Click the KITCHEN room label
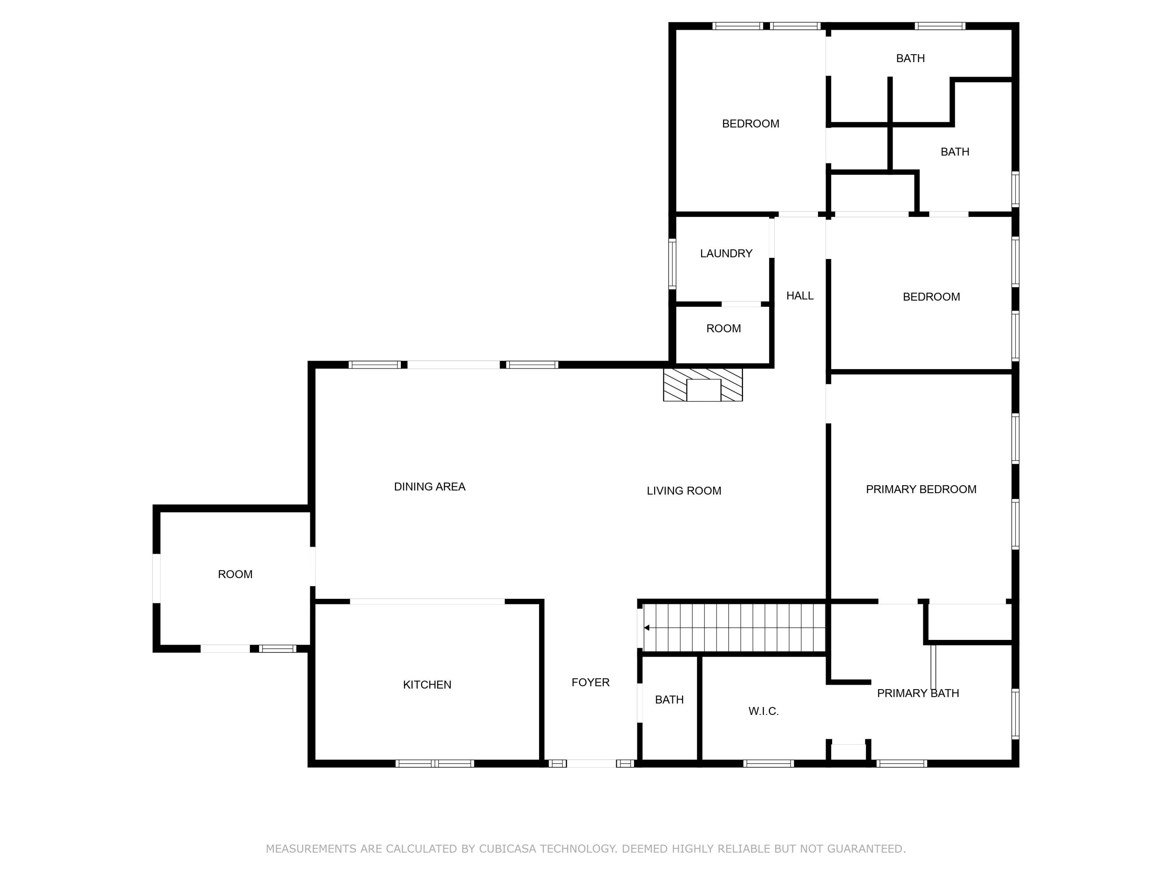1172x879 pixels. tap(427, 684)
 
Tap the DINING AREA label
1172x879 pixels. tap(430, 486)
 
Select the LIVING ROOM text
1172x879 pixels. tap(684, 491)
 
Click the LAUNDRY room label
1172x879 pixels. tap(726, 253)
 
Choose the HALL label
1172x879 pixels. tap(800, 296)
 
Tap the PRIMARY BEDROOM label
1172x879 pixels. tap(921, 489)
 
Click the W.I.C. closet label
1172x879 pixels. tap(763, 711)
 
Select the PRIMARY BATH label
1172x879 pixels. tap(918, 693)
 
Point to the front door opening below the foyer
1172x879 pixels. tap(591, 763)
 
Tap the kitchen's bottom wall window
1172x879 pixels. tap(434, 763)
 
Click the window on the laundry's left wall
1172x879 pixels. tap(672, 263)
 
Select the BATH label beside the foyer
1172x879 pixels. tap(669, 699)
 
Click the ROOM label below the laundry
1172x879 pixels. tap(723, 329)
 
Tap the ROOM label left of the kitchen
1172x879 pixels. tap(235, 574)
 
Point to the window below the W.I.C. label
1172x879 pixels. tap(768, 763)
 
